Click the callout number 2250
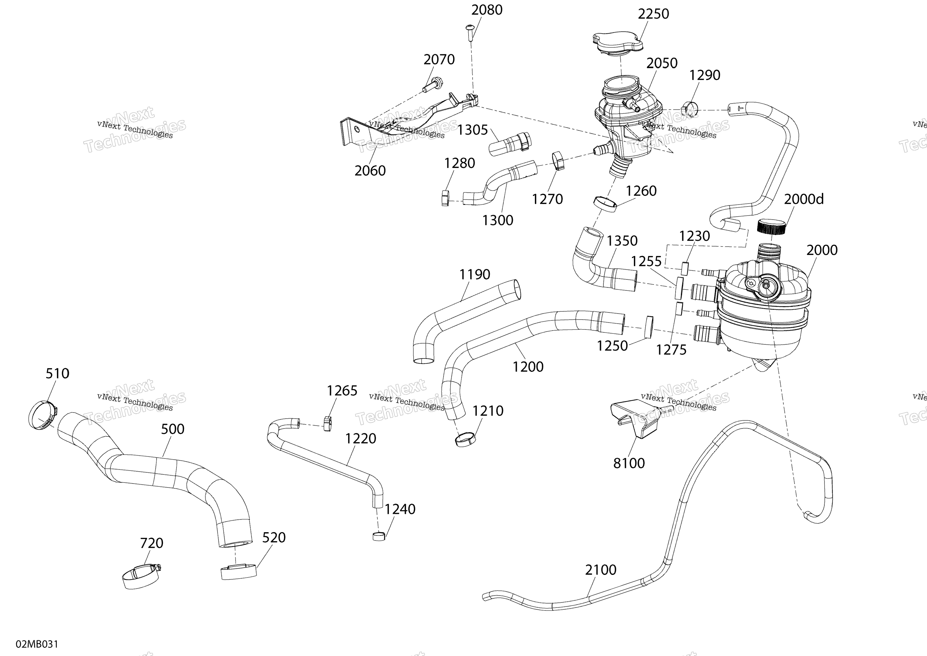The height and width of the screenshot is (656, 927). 653,14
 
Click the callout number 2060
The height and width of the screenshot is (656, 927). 370,171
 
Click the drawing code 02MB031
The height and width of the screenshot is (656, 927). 37,644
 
